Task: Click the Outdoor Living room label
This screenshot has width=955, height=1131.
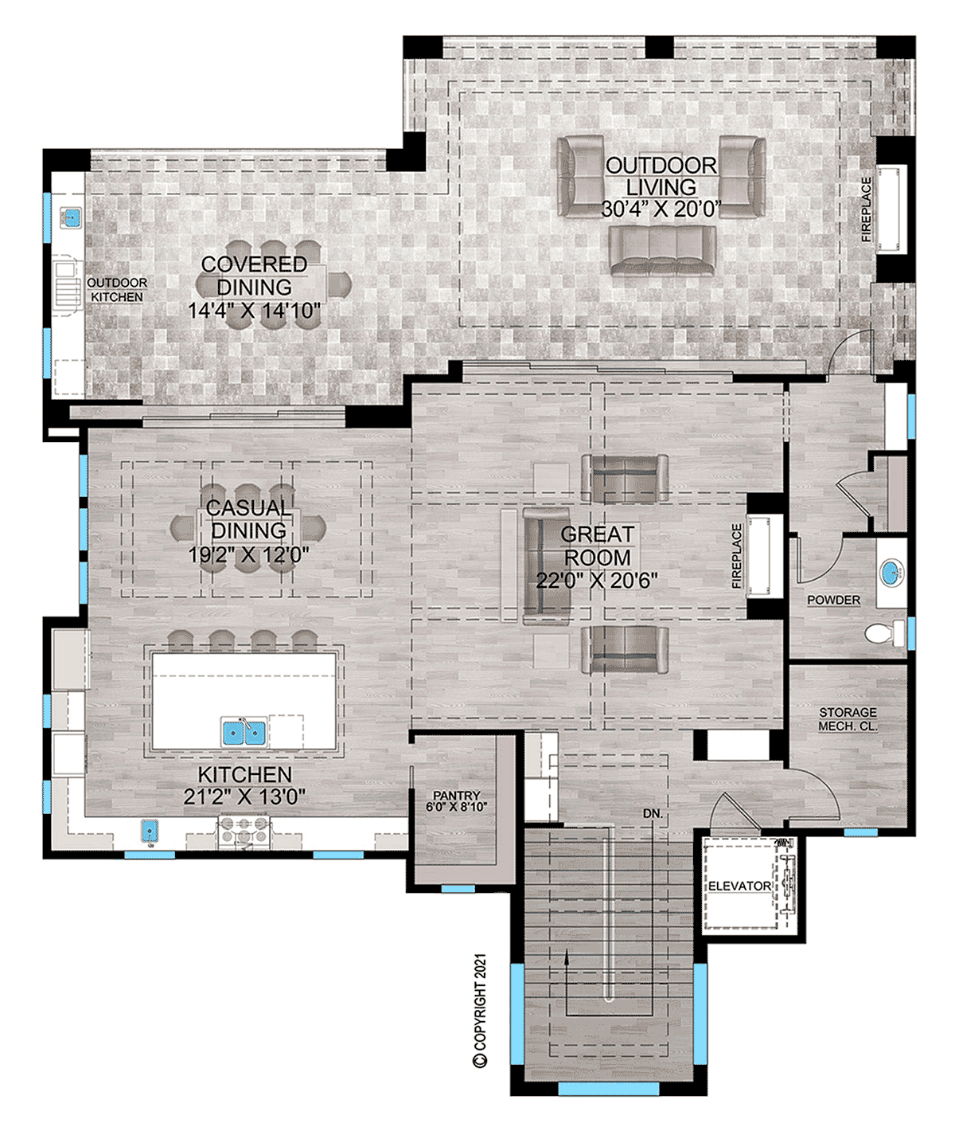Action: (x=661, y=177)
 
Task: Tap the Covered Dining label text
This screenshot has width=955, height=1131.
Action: (x=254, y=276)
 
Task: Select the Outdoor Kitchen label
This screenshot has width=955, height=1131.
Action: (x=117, y=290)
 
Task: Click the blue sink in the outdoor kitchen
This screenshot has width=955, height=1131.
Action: (x=72, y=217)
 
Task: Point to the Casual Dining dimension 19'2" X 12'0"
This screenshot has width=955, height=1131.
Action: (x=249, y=555)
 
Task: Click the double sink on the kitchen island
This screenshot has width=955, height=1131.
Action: (x=244, y=730)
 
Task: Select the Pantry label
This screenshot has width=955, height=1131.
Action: (x=456, y=796)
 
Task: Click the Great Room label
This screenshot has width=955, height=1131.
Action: (x=597, y=546)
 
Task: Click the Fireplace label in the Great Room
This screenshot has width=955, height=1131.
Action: (x=737, y=555)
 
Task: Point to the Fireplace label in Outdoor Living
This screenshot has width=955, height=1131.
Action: (x=867, y=209)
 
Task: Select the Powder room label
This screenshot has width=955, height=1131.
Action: (x=833, y=600)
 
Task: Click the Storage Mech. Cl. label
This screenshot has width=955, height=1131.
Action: (x=848, y=719)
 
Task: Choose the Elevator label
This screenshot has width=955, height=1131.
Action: (x=739, y=886)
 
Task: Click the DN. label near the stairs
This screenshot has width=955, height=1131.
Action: (x=653, y=814)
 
